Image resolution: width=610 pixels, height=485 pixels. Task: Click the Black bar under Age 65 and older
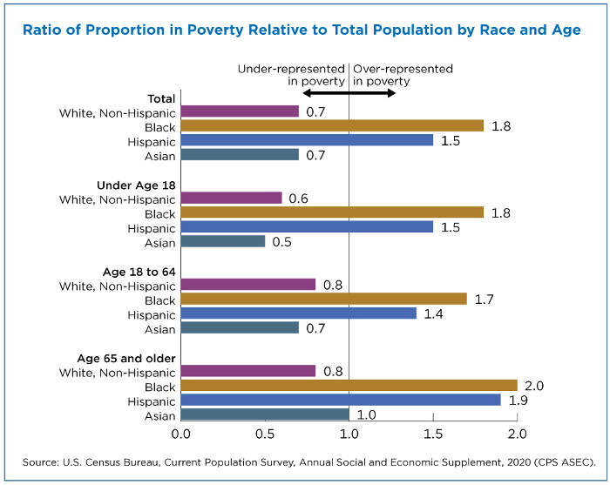tap(349, 386)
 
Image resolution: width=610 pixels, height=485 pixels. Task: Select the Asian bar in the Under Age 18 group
tap(223, 241)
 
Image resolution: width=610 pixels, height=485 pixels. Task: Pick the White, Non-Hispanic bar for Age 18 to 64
tap(248, 285)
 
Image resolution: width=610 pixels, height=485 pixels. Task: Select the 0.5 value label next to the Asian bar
tap(282, 241)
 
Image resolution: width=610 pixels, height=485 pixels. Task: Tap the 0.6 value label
tap(299, 199)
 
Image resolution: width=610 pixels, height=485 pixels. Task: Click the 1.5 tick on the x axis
tap(433, 433)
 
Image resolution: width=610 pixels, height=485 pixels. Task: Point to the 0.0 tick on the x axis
tap(181, 433)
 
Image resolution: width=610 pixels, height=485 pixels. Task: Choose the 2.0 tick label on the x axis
tap(518, 433)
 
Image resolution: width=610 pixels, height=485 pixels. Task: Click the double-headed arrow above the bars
tap(349, 91)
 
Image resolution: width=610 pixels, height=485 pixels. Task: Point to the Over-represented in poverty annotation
tap(403, 74)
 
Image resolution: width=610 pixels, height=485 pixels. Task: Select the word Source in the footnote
tap(41, 460)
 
